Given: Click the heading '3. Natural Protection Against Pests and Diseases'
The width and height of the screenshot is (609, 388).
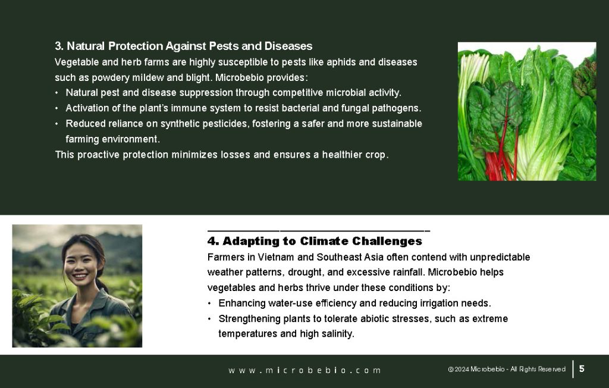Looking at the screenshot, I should coord(183,46).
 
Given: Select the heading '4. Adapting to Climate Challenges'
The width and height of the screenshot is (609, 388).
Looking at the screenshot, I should coord(315,241).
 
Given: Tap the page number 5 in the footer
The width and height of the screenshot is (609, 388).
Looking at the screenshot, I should coord(582,369).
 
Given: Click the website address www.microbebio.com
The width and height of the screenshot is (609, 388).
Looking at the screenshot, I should coord(304,370).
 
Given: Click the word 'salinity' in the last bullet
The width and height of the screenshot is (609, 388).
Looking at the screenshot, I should coord(337,334).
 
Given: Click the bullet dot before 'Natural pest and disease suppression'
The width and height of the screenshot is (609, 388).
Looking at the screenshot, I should coord(57,93).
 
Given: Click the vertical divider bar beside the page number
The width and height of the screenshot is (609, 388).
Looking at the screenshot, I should coord(573,369).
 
